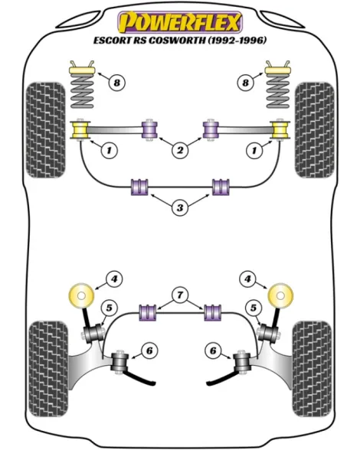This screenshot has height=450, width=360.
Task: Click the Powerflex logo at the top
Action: click(x=180, y=22)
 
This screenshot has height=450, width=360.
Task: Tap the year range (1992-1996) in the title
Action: click(x=237, y=40)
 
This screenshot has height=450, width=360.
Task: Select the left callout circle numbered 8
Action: click(x=117, y=83)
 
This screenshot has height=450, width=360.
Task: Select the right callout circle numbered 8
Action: click(x=245, y=83)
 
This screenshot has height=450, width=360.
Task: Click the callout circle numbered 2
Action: click(x=180, y=150)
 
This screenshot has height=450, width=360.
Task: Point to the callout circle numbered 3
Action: click(x=180, y=207)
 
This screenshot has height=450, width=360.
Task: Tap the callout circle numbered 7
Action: click(x=180, y=295)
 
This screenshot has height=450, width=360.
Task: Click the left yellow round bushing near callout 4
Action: click(x=81, y=295)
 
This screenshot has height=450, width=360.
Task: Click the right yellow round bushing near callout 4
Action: click(x=280, y=295)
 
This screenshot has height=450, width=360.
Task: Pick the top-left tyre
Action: click(x=46, y=130)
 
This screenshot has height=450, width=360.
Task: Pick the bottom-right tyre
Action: click(x=312, y=369)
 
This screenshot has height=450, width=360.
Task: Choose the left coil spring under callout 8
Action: click(x=82, y=90)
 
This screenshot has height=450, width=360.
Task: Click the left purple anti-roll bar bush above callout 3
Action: click(x=139, y=187)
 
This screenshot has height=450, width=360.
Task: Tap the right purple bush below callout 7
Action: click(x=213, y=312)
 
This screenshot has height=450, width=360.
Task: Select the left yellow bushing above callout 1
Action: click(x=80, y=130)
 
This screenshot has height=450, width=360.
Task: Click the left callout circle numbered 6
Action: click(x=149, y=351)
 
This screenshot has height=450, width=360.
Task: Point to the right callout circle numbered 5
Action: click(x=253, y=308)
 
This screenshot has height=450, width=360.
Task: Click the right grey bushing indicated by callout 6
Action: click(x=241, y=361)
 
